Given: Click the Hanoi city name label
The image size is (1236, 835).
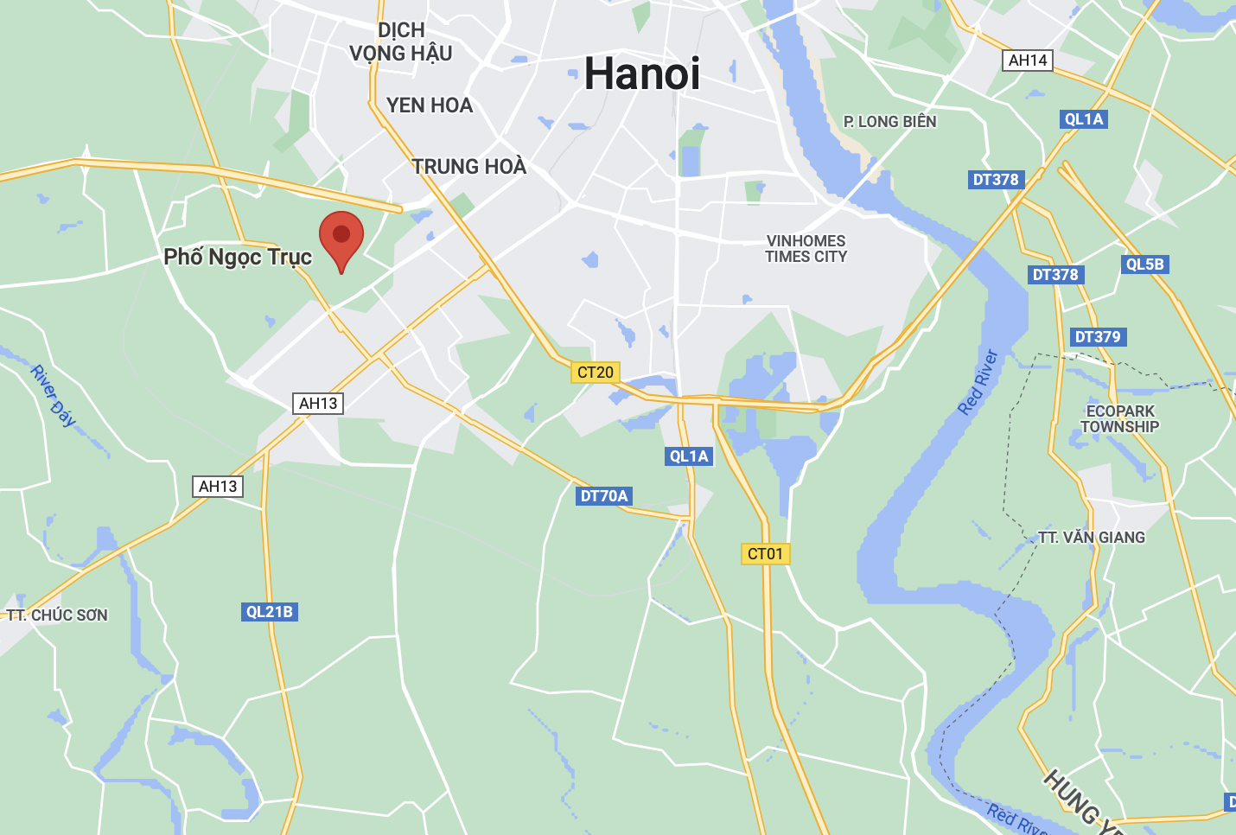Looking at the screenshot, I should click(642, 73).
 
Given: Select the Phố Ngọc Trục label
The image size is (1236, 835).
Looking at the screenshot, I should click(238, 258).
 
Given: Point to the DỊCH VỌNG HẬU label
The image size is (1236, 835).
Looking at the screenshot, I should click(401, 42).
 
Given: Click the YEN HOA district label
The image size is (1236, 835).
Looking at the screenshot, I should click(430, 105).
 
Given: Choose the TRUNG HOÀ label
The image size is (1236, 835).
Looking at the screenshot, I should click(468, 167).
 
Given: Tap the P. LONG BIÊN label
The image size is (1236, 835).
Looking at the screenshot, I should click(890, 122).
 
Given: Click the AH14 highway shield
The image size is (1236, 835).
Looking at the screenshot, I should click(1028, 61).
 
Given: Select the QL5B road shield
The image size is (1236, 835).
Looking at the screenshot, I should click(1144, 265).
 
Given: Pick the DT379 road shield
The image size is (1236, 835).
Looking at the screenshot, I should click(1097, 337).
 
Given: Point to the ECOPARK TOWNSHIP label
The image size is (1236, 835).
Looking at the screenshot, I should click(1120, 419).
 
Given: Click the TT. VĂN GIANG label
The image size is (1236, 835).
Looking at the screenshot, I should click(1092, 538).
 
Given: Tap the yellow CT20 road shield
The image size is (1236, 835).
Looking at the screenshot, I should click(596, 373).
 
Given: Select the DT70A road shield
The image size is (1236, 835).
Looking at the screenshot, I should click(604, 496).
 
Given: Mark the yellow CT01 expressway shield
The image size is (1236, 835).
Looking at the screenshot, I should click(765, 554).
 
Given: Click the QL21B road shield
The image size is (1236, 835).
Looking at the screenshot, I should click(270, 612).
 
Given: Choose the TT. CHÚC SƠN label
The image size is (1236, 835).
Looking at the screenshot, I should click(58, 615).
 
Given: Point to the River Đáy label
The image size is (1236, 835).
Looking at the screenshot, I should click(54, 396).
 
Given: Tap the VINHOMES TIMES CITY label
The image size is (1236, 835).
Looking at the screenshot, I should click(806, 249).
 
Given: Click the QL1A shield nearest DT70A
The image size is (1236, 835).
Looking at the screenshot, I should click(689, 456).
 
